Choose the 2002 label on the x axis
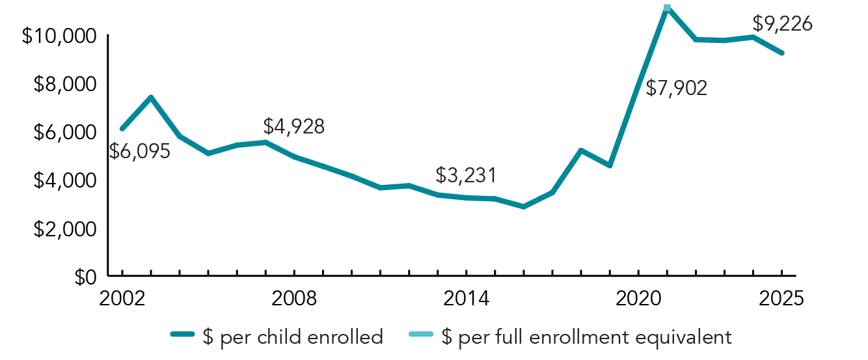[x=122, y=299]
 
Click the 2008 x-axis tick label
[x=294, y=299]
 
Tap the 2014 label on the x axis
[x=466, y=299]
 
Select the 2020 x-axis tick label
[x=638, y=299]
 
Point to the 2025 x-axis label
[x=781, y=299]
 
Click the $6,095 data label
[x=139, y=152]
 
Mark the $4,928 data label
[x=293, y=126]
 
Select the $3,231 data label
[x=465, y=175]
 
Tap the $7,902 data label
[x=676, y=88]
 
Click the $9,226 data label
[x=782, y=24]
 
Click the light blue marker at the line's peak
[x=667, y=8]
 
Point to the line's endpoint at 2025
[x=781, y=53]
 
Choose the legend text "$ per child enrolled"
[x=292, y=337]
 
